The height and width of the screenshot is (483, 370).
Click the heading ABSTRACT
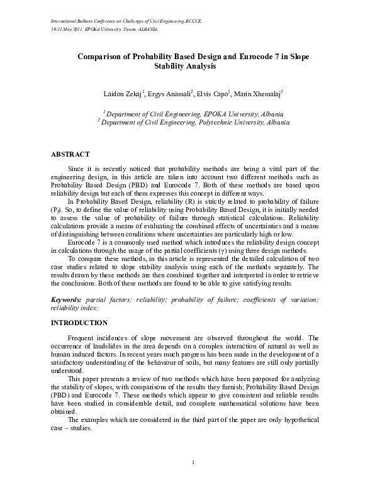pyautogui.click(x=70, y=154)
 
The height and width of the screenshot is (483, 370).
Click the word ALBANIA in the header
pyautogui.click(x=146, y=30)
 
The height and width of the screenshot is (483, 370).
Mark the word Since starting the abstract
pyautogui.click(x=76, y=169)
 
